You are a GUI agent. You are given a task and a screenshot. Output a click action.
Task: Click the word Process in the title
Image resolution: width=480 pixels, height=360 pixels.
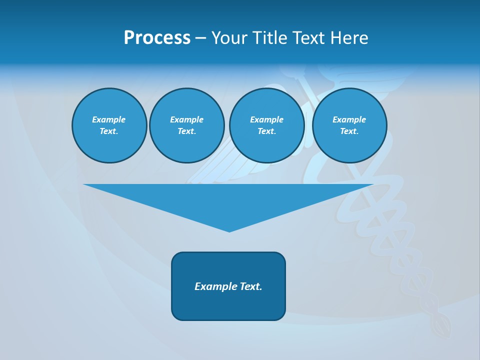(157, 38)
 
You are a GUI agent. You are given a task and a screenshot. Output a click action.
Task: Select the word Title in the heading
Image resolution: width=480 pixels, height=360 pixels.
(272, 38)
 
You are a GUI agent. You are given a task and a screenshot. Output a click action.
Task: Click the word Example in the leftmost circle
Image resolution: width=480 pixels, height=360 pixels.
(109, 119)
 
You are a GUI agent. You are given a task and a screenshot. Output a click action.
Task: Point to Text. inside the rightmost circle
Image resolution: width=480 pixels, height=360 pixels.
(349, 131)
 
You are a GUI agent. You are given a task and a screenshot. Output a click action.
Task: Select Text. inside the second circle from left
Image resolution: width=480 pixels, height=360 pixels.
(186, 131)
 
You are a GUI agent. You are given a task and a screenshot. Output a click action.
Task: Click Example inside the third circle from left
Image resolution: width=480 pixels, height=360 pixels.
(266, 119)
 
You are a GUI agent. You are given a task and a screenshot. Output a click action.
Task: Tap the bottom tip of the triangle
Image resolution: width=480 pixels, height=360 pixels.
(229, 230)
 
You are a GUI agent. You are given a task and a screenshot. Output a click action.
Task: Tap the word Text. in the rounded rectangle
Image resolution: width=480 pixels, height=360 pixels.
(251, 286)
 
